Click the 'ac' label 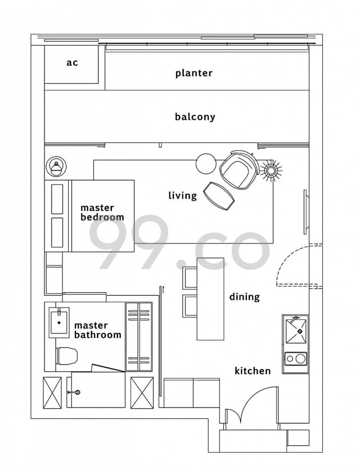click(x=72, y=63)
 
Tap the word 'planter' click(x=194, y=73)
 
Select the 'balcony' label click(x=195, y=116)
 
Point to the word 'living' click(x=183, y=196)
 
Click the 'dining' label click(x=245, y=297)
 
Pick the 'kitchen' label click(x=253, y=371)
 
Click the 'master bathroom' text click(x=98, y=330)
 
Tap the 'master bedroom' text click(x=102, y=213)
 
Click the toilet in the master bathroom click(x=67, y=355)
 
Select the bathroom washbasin click(x=59, y=322)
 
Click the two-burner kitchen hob click(x=296, y=358)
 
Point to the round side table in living click(x=206, y=163)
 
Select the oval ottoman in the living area click(x=219, y=196)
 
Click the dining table click(x=210, y=299)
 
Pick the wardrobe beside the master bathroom click(x=139, y=336)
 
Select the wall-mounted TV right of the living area click(x=305, y=212)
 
